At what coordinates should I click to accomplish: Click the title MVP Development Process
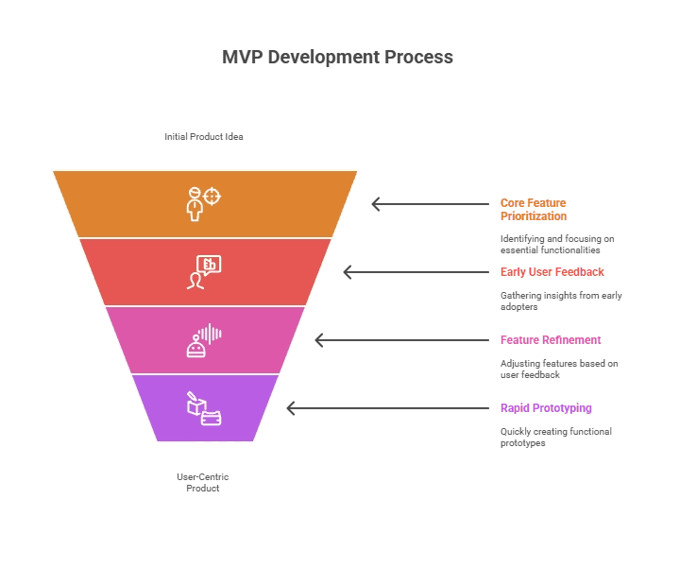coord(337,57)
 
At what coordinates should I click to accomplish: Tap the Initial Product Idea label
coord(204,137)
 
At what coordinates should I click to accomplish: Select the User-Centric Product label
coord(203,482)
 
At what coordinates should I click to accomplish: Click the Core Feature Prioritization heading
coord(534,210)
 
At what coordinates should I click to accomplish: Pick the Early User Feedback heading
coord(552,272)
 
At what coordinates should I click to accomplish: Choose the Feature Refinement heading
coord(550,340)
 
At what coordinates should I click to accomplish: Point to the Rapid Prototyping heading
coord(546,408)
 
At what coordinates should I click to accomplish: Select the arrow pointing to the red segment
coord(406,272)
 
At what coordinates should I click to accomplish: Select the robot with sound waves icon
coord(204,340)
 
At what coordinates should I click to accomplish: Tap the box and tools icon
coord(203,408)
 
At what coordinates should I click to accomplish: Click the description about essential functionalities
coord(557,245)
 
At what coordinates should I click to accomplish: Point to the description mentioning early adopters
coord(560,301)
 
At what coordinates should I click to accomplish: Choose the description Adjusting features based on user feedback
coord(558,369)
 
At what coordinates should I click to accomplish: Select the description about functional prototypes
coord(555,437)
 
